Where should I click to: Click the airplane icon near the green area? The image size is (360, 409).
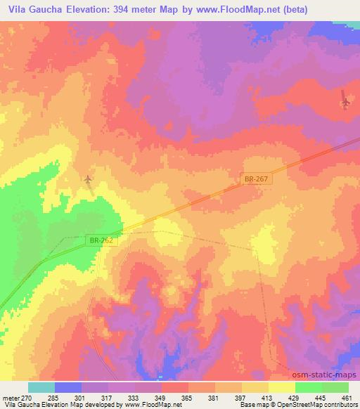(x=87, y=181)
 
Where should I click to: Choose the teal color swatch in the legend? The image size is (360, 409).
(x=41, y=387)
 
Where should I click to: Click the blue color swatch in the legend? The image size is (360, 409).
(x=68, y=387)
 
